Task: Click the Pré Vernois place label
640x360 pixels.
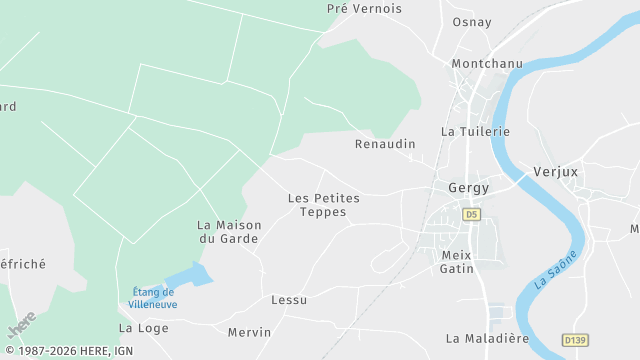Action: tap(364, 8)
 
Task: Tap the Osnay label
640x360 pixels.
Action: tap(472, 23)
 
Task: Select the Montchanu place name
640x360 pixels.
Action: tap(487, 63)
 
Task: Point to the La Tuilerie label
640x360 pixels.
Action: tap(475, 131)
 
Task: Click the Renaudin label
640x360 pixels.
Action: tap(385, 144)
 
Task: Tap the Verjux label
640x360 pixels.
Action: tap(556, 171)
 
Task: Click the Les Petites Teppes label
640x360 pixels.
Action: tap(323, 205)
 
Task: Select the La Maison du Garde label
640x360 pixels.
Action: tap(228, 232)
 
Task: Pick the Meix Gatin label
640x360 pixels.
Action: tap(457, 261)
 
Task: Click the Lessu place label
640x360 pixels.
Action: tap(289, 299)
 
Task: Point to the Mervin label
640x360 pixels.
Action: tap(249, 332)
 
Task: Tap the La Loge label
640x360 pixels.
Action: tap(143, 327)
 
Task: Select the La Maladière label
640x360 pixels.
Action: tap(487, 338)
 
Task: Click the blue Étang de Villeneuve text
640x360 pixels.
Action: tap(153, 297)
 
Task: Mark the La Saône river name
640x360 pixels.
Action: tap(556, 269)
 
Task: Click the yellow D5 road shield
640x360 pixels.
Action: tap(472, 214)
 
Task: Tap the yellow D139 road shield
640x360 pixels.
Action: tap(574, 340)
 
